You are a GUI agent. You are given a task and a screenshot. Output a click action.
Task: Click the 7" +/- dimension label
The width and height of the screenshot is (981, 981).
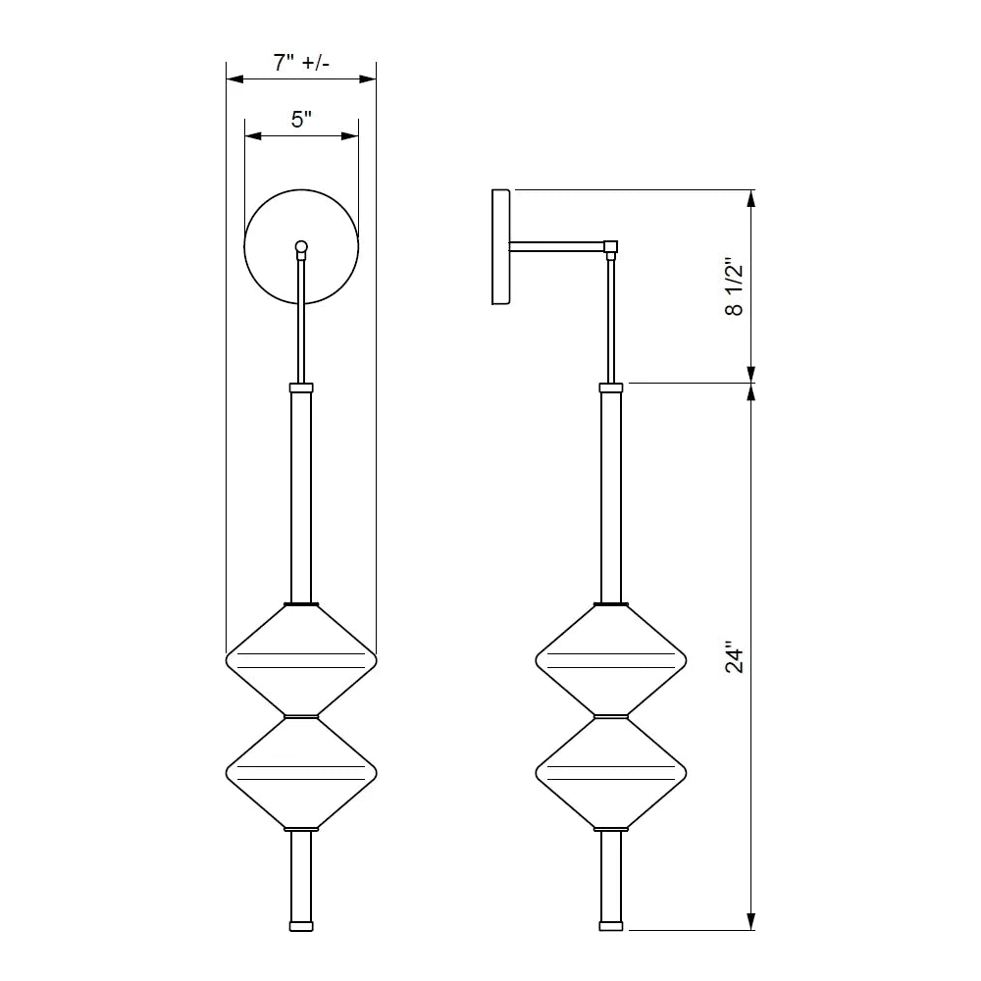click(301, 63)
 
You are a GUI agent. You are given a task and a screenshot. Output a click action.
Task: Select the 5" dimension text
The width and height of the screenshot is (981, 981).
click(301, 119)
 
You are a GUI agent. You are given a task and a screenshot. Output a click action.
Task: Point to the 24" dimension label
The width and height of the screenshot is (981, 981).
click(734, 656)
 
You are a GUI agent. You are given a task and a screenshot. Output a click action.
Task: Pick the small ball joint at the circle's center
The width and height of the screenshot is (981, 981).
click(301, 246)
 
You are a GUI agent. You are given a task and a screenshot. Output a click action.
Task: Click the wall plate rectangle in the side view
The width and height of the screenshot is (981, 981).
click(500, 247)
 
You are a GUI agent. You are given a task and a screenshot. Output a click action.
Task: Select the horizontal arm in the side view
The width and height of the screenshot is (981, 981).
click(557, 246)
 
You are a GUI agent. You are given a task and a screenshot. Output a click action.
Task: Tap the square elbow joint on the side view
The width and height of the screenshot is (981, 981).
click(610, 246)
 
